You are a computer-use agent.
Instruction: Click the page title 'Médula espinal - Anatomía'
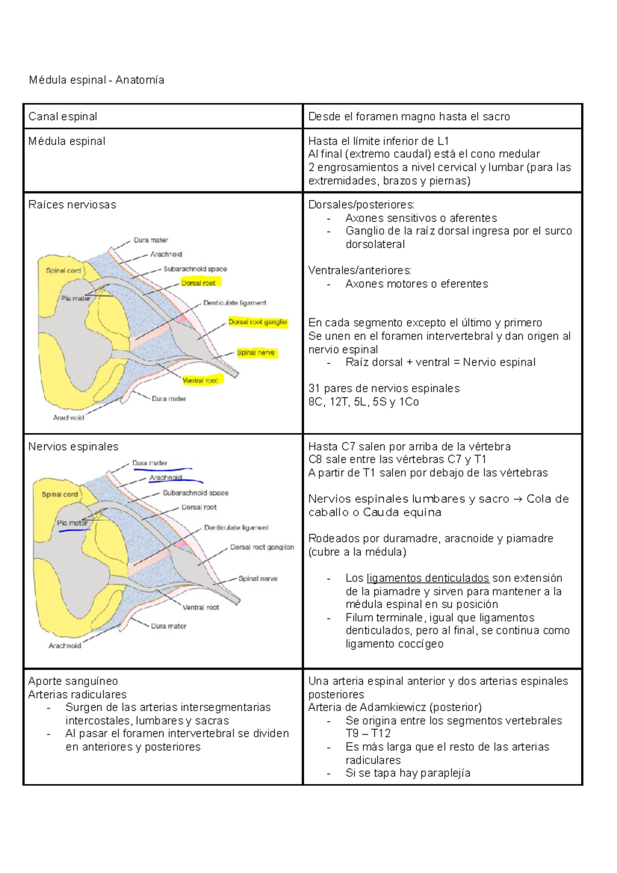[x=96, y=80]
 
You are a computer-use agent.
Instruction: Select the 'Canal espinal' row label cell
[x=63, y=117]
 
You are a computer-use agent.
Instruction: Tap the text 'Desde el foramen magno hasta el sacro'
[x=409, y=117]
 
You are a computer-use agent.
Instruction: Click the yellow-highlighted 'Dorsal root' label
[x=199, y=283]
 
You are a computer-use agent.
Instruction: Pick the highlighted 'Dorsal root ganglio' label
[x=258, y=322]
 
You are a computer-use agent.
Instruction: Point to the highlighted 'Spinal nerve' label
[x=256, y=353]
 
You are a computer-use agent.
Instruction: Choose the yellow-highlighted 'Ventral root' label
[x=201, y=380]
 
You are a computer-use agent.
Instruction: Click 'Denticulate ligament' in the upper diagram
[x=234, y=303]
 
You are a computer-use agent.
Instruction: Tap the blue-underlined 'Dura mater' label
[x=150, y=463]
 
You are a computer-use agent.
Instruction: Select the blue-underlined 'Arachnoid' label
[x=166, y=478]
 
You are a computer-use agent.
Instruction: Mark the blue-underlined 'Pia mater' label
[x=72, y=523]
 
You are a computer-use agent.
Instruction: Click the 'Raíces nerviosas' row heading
[x=72, y=205]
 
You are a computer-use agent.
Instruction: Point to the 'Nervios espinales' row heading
[x=73, y=447]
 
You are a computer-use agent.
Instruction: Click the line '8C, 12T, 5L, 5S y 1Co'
[x=364, y=402]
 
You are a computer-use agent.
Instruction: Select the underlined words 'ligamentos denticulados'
[x=428, y=578]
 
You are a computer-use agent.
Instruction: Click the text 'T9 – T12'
[x=368, y=734]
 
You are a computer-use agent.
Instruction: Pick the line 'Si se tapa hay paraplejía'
[x=408, y=773]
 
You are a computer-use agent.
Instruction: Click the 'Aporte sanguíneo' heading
[x=73, y=681]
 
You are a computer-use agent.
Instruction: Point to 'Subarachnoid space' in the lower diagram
[x=195, y=493]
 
